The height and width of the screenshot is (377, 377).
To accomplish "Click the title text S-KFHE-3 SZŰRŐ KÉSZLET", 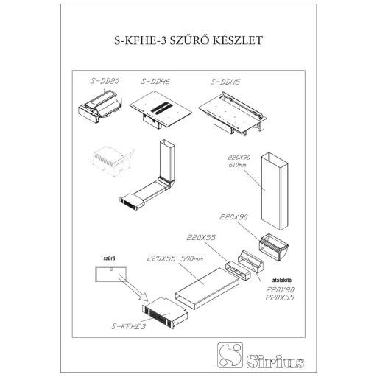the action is coord(188,40).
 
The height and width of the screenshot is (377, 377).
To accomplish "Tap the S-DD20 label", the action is coord(105,81).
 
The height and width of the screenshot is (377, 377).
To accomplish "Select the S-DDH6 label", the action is coord(155,82).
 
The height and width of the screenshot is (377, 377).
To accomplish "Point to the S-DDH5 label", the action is coord(225,82).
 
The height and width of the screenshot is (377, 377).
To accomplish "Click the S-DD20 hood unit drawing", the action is coord(100,107).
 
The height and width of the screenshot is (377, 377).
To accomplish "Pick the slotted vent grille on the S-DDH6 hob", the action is coord(161,108).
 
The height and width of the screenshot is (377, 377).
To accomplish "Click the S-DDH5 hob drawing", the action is coord(233,113).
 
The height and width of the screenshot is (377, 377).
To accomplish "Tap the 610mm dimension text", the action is coord(237,165).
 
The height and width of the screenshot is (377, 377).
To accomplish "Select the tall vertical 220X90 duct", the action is coord(274,191).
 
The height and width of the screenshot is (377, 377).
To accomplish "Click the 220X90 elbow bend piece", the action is coord(273,247).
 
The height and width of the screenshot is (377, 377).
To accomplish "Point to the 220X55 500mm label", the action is coord(175,258).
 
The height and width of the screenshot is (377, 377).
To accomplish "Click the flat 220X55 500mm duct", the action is coord(207,289).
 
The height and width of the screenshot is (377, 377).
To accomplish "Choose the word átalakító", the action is coord(282,280).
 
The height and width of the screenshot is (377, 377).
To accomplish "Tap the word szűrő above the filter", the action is coord(109,258).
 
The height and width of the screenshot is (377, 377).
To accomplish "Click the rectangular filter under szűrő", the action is coord(111,274).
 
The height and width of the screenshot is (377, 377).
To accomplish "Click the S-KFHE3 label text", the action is coord(129,326).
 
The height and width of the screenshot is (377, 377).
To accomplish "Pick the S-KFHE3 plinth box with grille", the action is coord(165,313).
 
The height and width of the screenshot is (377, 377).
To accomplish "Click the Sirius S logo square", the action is coord(230,355).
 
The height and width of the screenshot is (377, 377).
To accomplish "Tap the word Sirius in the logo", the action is coord(275,361).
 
